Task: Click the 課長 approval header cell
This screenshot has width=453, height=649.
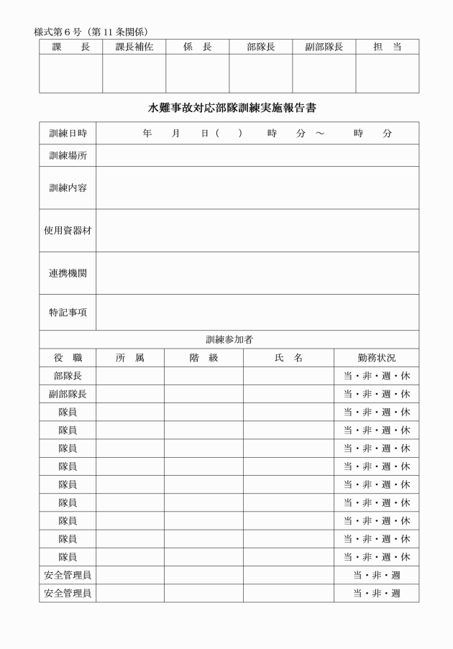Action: [70, 47]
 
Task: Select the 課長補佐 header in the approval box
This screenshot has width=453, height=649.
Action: [134, 47]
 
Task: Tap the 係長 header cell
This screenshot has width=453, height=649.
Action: [197, 47]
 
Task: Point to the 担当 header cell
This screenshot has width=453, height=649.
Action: [387, 47]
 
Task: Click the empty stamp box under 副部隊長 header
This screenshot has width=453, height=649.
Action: [324, 73]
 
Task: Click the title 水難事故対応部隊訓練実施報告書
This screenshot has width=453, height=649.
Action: [232, 109]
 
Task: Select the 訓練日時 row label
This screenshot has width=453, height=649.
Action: [68, 134]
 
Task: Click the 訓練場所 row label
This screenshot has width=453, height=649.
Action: [68, 155]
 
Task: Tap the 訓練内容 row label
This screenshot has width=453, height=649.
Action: [68, 188]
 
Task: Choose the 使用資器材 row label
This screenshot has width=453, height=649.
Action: [68, 230]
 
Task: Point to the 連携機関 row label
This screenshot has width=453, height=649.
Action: [68, 273]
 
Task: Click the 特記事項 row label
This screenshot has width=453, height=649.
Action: [68, 312]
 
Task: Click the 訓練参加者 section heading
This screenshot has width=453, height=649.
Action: [229, 339]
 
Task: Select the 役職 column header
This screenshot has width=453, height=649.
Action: [68, 357]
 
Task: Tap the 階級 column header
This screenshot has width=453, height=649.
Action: [203, 357]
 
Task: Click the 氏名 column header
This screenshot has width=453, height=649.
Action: [288, 357]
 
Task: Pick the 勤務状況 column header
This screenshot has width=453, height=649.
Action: [376, 357]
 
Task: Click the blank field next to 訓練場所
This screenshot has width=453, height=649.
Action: [257, 155]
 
